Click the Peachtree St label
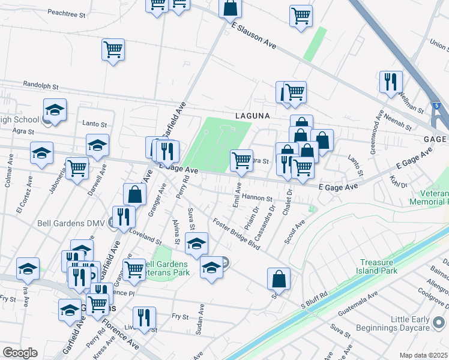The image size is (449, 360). tap(68, 12)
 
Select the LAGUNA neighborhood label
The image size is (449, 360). tap(252, 115)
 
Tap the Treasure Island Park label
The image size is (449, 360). tap(387, 267)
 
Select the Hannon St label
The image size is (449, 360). tap(258, 198)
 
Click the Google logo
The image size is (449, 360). tap(20, 353)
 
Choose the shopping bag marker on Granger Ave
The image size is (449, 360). tap(135, 194)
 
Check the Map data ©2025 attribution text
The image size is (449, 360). tap(423, 355)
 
